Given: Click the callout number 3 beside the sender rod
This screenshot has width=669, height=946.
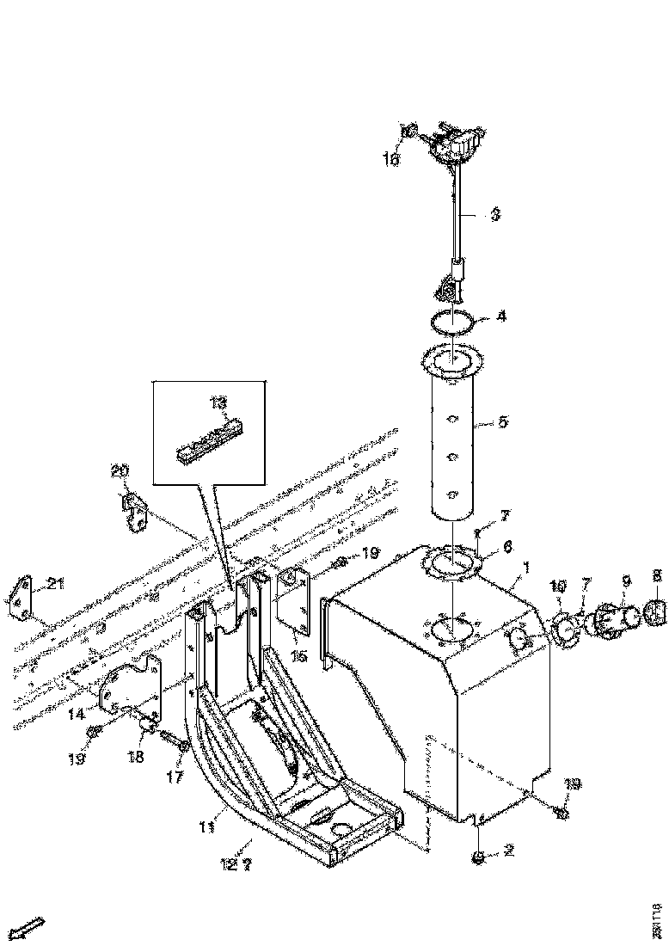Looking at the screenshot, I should (494, 216).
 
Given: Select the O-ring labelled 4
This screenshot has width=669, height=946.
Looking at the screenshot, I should (451, 324).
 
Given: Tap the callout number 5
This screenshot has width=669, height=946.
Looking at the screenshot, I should (503, 423).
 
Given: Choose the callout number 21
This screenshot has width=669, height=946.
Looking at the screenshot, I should (56, 585).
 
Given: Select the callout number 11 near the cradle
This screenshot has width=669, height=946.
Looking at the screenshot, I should (206, 827).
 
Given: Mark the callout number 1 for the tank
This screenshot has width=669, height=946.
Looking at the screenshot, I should (526, 569).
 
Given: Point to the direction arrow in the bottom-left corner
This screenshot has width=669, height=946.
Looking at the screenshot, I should (30, 927).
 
